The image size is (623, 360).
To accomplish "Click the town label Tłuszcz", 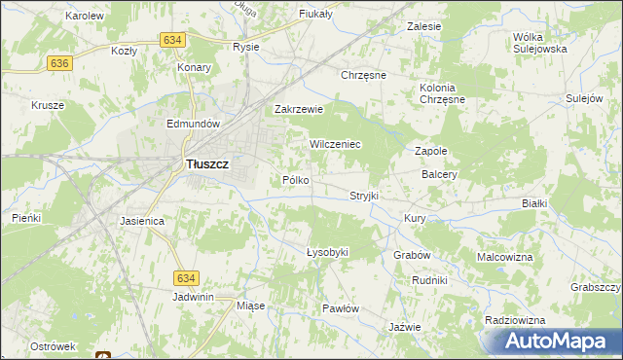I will [x=206, y=165].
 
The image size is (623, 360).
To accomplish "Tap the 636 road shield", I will [x=60, y=62].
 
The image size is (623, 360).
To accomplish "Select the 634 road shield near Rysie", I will [x=172, y=39].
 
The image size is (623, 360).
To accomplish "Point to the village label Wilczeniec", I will [x=336, y=144].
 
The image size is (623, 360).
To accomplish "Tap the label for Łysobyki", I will [x=327, y=252].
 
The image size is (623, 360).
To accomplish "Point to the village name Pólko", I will [x=295, y=180].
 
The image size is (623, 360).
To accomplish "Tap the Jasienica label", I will [x=142, y=221].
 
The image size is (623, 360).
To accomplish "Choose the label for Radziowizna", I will [x=512, y=320].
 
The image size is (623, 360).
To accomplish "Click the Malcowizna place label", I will [x=504, y=257].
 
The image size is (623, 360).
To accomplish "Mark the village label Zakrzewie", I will [x=299, y=110].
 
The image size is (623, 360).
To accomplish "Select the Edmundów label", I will [x=197, y=125].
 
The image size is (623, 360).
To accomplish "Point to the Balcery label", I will [x=440, y=175].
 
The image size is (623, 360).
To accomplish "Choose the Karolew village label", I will [x=85, y=17].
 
